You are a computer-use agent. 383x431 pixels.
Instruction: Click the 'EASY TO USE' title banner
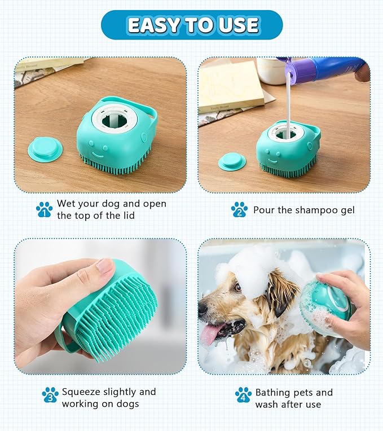click(x=192, y=25)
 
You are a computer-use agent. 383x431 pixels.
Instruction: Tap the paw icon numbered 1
click(x=44, y=209)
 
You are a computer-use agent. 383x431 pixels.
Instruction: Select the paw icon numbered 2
click(x=239, y=210)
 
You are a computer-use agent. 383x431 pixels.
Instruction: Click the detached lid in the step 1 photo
click(x=45, y=148)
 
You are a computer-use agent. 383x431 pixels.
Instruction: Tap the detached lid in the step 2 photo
click(x=232, y=161)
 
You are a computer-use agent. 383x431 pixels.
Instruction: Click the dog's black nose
click(x=202, y=308)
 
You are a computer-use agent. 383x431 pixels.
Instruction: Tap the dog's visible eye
click(x=237, y=288)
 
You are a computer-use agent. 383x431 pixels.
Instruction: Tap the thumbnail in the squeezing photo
click(x=105, y=266)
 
